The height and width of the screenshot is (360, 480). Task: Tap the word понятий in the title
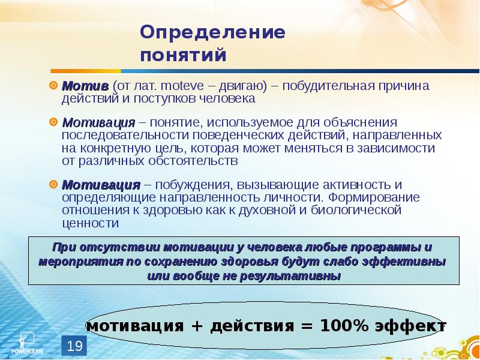(184, 56)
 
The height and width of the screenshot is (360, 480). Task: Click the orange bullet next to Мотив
(53, 85)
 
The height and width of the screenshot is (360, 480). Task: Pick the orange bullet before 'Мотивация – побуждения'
(53, 185)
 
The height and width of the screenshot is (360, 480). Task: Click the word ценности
(90, 223)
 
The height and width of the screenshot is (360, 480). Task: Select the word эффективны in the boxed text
(409, 262)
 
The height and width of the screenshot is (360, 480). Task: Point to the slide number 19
(74, 346)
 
